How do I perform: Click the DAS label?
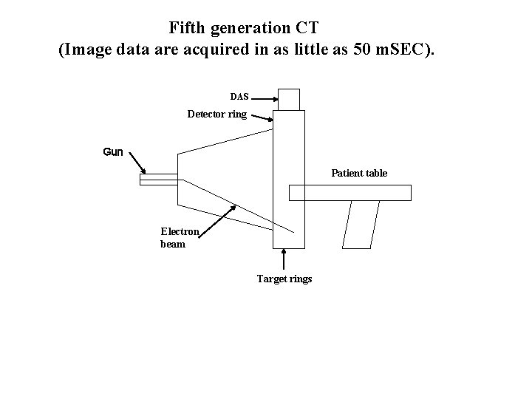click(x=239, y=97)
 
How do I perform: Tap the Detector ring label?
click(x=216, y=115)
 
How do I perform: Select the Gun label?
click(x=113, y=152)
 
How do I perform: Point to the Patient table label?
click(x=359, y=173)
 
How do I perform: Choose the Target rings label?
click(x=284, y=279)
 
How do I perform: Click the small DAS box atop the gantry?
click(x=289, y=99)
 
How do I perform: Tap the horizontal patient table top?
click(x=349, y=193)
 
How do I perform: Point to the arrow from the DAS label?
click(x=264, y=98)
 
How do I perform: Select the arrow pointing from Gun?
click(x=137, y=163)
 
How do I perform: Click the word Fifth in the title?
click(x=188, y=29)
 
